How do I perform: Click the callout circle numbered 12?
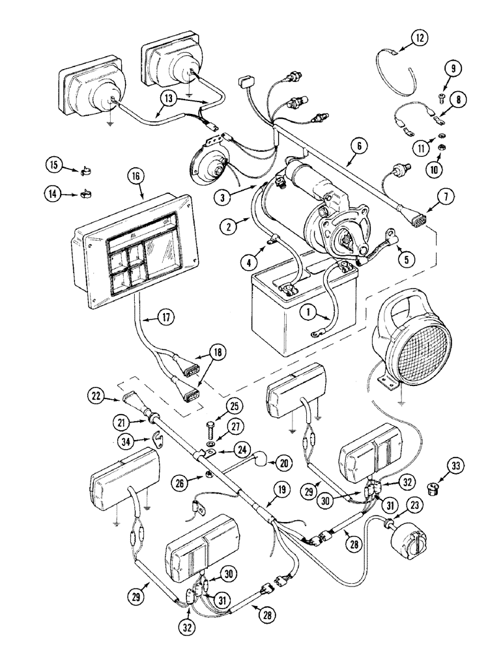click(420, 38)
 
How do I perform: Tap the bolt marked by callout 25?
click(212, 430)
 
